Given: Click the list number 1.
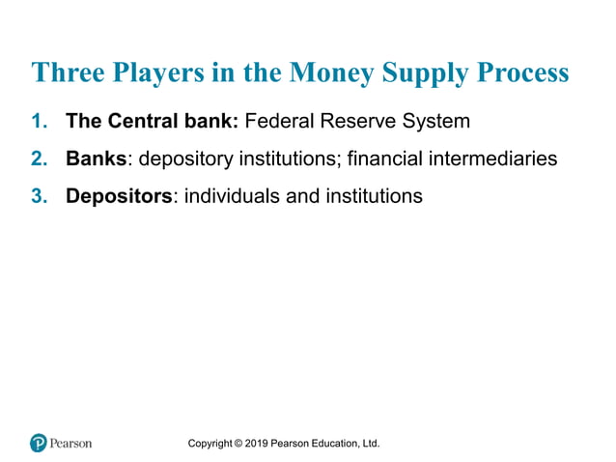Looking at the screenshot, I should click(40, 122).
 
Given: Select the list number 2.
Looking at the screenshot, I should click(40, 159).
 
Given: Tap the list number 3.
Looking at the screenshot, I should click(40, 196).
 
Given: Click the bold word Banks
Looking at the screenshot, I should click(96, 159).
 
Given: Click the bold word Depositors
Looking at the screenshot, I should click(119, 196).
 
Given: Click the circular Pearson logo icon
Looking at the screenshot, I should click(39, 443).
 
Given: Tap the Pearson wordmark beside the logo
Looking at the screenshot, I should click(71, 444).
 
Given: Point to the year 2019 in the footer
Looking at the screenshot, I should click(255, 444).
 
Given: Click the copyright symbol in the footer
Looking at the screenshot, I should click(237, 444).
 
